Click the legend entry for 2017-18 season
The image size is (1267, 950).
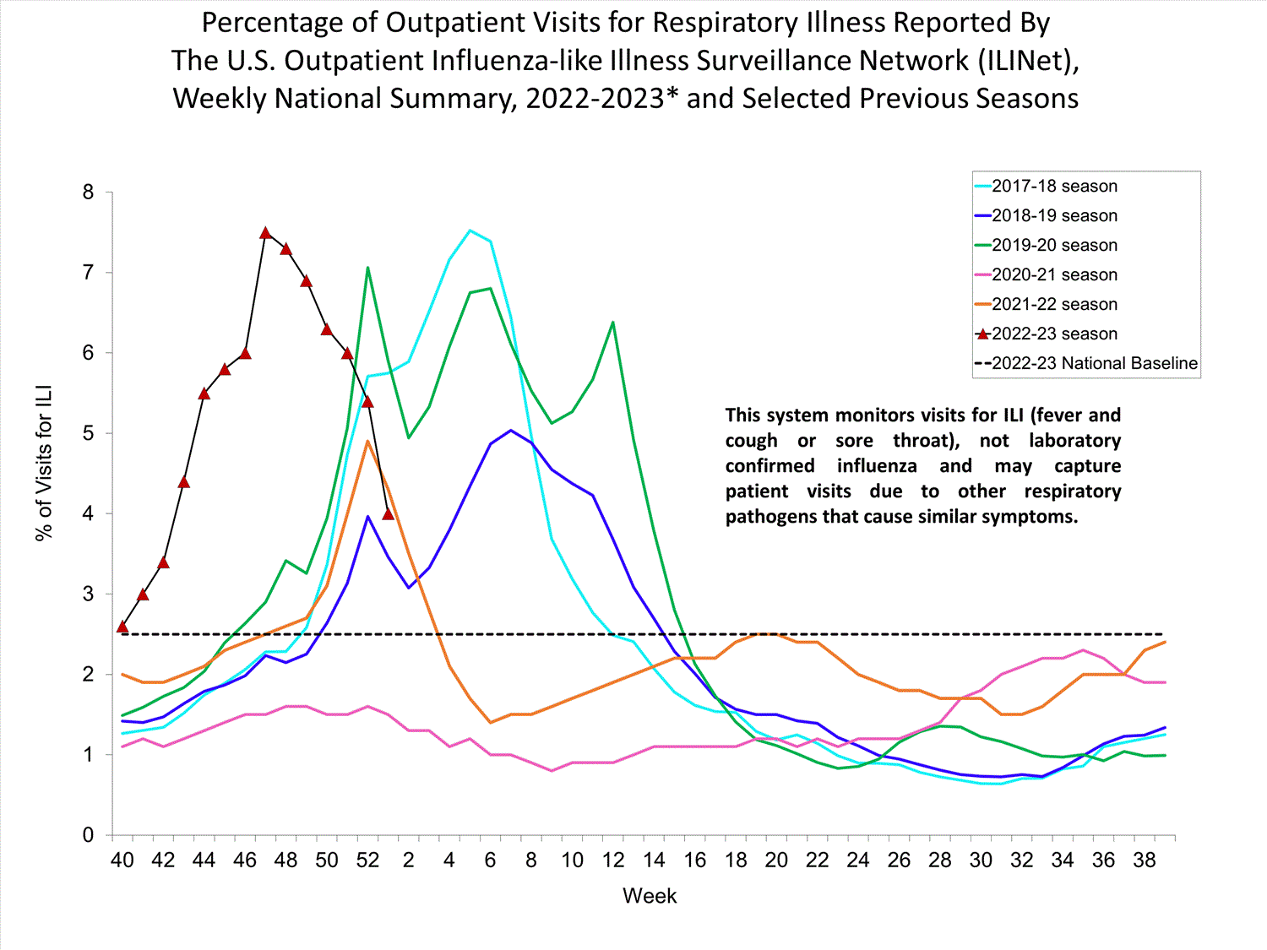click(x=1054, y=187)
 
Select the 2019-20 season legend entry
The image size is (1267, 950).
click(x=1054, y=246)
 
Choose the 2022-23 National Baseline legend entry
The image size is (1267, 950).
click(x=1094, y=364)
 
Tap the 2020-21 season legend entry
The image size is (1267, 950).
click(x=1054, y=275)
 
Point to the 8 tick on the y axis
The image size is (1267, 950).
click(x=89, y=193)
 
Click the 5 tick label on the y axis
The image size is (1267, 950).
click(x=89, y=434)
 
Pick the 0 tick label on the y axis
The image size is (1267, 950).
click(x=89, y=835)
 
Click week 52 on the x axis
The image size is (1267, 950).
click(x=367, y=860)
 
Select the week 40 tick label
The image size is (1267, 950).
click(x=122, y=860)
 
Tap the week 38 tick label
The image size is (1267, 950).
click(x=1145, y=860)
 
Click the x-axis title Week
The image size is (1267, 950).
click(x=650, y=896)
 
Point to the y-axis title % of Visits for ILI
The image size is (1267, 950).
click(x=44, y=463)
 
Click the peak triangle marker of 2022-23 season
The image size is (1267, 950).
click(x=265, y=233)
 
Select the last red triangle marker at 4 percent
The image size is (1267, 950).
click(x=389, y=513)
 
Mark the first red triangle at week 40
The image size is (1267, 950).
click(x=122, y=627)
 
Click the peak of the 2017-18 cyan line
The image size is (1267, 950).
click(x=470, y=230)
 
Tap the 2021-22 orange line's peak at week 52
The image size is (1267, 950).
click(x=367, y=441)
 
